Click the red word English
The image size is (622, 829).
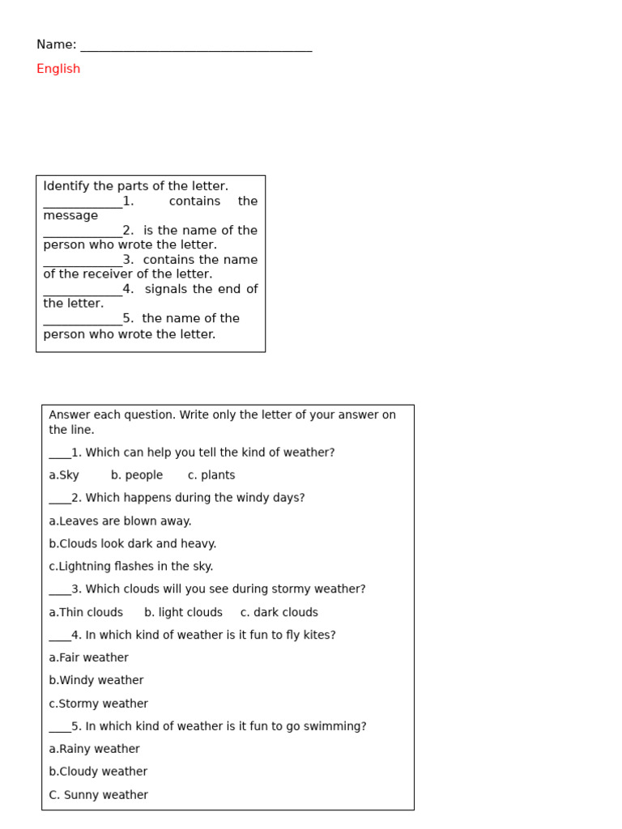pos(58,69)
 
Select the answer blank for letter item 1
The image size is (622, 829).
pos(83,204)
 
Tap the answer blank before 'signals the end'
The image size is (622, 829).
pos(83,292)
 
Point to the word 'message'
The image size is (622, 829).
pos(70,215)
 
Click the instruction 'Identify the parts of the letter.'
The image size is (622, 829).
pos(136,186)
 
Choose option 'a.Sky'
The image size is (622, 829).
pos(64,475)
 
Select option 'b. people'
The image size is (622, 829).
pos(137,475)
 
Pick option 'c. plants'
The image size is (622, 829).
pos(211,475)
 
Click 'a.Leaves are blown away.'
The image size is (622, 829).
pos(120,521)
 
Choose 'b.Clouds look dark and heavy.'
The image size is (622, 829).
pos(133,544)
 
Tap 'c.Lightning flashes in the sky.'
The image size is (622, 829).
pos(131,567)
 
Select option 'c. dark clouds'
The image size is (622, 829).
pos(279,613)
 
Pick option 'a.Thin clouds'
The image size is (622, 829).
pos(86,613)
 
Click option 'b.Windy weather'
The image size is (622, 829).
pos(96,681)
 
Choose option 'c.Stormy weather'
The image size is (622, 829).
pos(99,704)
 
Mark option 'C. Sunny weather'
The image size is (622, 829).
pos(99,795)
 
